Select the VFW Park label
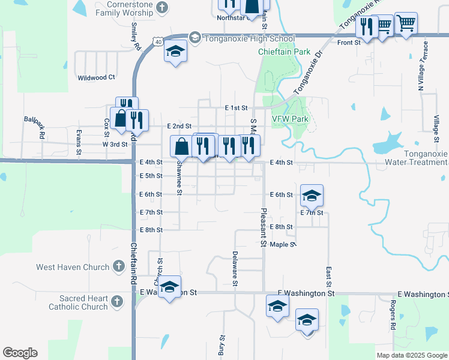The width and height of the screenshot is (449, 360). click(290, 119)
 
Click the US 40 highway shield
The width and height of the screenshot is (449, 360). click(157, 41)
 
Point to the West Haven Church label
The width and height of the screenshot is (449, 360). click(73, 267)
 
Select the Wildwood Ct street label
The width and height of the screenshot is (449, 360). click(96, 77)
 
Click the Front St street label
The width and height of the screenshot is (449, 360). click(348, 43)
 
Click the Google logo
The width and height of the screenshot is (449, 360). click(20, 353)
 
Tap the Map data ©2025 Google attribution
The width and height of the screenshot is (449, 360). click(412, 355)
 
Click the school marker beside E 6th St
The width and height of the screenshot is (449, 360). click(312, 196)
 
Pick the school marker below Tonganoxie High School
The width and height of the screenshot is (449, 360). click(175, 52)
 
